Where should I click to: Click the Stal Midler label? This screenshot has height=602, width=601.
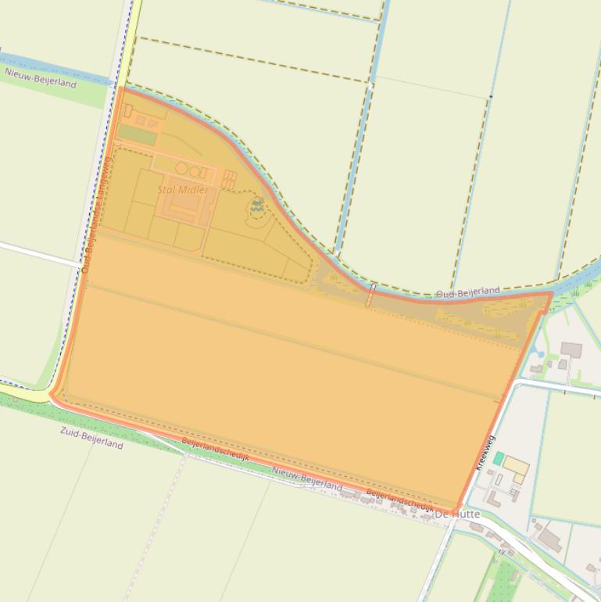pyautogui.click(x=183, y=190)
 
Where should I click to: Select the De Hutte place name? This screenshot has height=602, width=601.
pyautogui.click(x=457, y=514)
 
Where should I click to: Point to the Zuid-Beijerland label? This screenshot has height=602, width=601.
pyautogui.click(x=91, y=438)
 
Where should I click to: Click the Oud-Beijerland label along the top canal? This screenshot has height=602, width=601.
pyautogui.click(x=468, y=292)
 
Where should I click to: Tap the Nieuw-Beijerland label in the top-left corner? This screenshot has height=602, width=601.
pyautogui.click(x=40, y=77)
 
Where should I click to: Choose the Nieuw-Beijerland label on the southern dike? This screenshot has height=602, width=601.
pyautogui.click(x=307, y=478)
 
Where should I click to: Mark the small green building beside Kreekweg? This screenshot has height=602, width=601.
pyautogui.click(x=499, y=457)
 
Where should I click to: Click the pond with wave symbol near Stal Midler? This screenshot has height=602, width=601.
pyautogui.click(x=257, y=206)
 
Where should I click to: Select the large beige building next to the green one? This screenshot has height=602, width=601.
pyautogui.click(x=516, y=468)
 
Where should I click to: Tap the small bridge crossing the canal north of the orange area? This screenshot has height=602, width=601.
pyautogui.click(x=370, y=295)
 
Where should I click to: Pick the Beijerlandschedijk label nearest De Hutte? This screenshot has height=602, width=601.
pyautogui.click(x=399, y=500)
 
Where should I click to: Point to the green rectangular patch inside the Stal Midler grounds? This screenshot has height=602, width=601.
pyautogui.click(x=137, y=134)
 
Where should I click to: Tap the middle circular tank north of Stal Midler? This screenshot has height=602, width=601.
pyautogui.click(x=194, y=171)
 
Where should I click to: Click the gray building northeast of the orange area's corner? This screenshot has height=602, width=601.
pyautogui.click(x=571, y=349)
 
